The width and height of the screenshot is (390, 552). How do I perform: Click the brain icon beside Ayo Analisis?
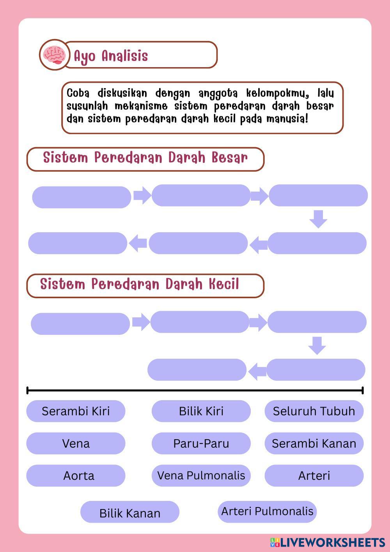54,55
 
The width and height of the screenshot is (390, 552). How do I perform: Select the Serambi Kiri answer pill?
76,411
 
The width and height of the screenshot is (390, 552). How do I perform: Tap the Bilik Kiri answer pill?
201,411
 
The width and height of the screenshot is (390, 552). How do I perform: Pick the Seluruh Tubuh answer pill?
314,411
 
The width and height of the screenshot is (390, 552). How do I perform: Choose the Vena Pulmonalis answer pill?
201,475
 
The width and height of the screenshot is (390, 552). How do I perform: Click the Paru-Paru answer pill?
201,443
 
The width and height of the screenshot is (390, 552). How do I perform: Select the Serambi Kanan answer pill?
314,443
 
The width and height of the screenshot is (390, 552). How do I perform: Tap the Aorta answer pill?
76,475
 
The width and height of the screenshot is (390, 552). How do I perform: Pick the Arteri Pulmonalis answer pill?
267,511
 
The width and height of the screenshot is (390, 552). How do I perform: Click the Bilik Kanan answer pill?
130,513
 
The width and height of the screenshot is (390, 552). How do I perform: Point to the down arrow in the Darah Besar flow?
318,219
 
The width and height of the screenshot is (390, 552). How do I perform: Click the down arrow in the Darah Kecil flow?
317,345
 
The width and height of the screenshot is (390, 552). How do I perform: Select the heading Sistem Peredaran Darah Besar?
145,158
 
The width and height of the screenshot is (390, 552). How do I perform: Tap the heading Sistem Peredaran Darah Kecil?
140,285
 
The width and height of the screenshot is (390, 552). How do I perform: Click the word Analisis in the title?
125,56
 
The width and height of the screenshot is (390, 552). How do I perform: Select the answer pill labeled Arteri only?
314,475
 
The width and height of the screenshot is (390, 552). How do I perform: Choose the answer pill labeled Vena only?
76,443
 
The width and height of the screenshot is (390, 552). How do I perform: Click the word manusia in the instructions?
287,119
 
